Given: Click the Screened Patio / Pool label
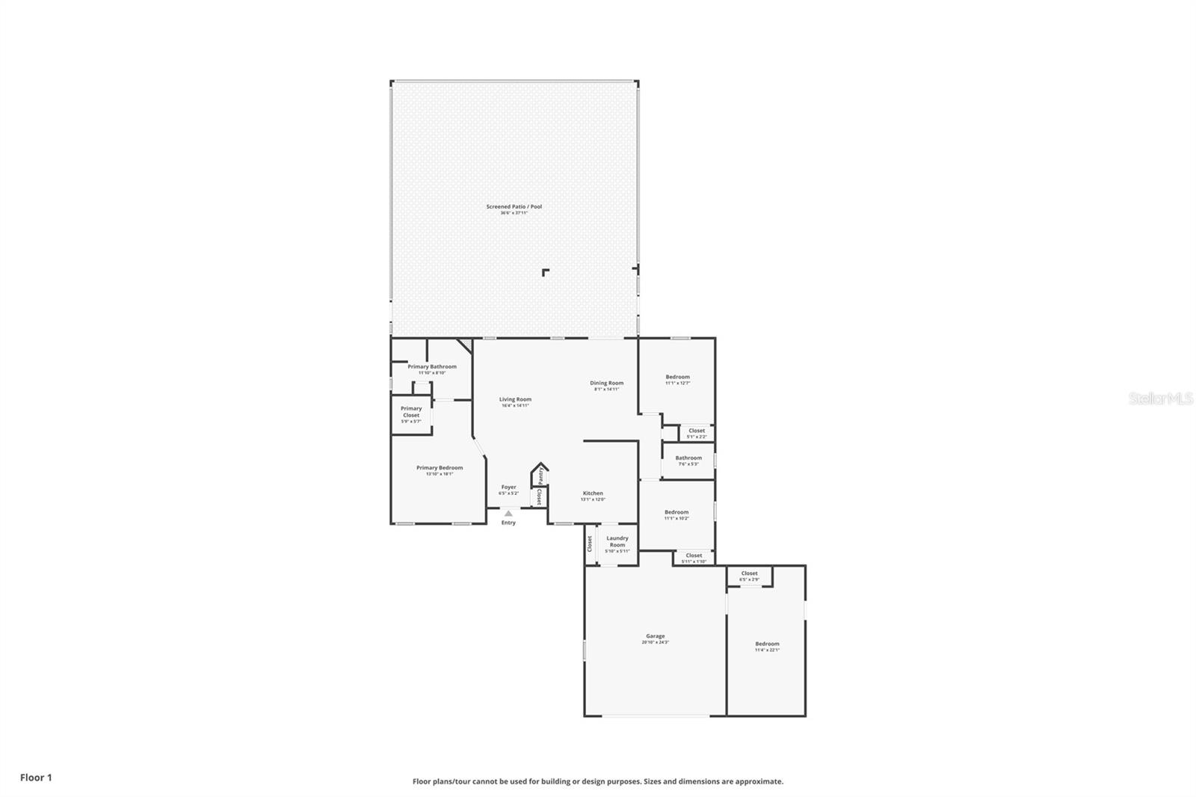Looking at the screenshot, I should (x=514, y=207).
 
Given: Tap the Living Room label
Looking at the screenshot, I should (x=515, y=400).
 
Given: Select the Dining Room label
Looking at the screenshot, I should (x=606, y=384).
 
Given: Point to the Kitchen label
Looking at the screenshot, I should (x=593, y=493).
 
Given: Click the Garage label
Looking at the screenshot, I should (x=655, y=637).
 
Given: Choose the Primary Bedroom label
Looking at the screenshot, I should (x=440, y=469).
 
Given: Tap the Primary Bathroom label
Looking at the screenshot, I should (x=431, y=367).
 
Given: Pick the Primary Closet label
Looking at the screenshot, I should (x=411, y=412).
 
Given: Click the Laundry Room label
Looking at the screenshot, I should (x=617, y=542).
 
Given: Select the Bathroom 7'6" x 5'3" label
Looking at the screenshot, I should (x=688, y=458).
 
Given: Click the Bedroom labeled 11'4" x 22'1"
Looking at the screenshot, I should (x=767, y=644).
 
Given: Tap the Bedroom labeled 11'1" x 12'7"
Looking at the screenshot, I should (x=677, y=378).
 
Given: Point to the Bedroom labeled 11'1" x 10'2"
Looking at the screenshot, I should (x=676, y=513).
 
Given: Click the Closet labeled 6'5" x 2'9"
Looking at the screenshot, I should (x=749, y=574).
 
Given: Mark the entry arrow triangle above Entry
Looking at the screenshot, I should (x=508, y=514).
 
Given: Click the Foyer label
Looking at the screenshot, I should (x=508, y=487).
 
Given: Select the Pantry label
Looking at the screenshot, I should (x=540, y=476).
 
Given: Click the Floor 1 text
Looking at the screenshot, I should (x=36, y=778).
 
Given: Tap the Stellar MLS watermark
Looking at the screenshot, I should (x=1160, y=399).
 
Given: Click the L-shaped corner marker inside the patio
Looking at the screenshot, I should (x=546, y=272).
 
